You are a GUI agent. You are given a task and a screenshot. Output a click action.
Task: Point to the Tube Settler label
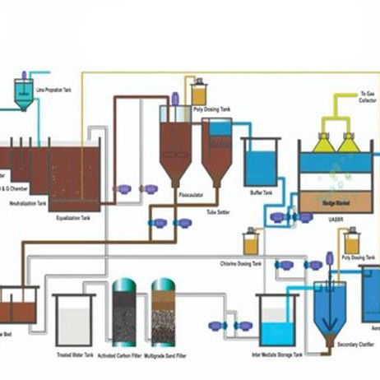217,211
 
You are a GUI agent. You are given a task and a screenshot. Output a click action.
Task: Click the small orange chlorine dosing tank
252,244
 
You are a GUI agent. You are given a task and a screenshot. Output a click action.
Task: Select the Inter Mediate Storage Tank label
273,355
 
